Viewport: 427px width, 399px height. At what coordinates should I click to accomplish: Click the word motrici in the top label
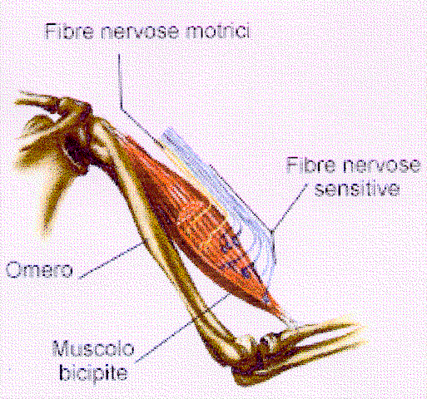(217, 31)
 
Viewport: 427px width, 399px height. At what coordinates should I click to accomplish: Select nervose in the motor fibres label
(139, 32)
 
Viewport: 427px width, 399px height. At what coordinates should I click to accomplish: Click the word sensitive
(357, 189)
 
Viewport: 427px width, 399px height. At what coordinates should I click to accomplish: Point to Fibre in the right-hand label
(310, 165)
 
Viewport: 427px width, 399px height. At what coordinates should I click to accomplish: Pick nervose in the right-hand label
(381, 165)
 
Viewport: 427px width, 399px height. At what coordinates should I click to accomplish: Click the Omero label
(39, 269)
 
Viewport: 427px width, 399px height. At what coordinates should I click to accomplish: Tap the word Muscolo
(93, 348)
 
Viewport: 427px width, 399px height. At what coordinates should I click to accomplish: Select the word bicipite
(93, 372)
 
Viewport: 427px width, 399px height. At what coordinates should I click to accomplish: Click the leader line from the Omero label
(112, 259)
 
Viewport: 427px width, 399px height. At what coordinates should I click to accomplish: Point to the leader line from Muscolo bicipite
(181, 328)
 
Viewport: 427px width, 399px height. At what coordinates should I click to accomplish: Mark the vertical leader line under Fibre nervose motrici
(120, 81)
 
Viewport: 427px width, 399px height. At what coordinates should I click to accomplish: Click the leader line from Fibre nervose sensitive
(290, 207)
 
